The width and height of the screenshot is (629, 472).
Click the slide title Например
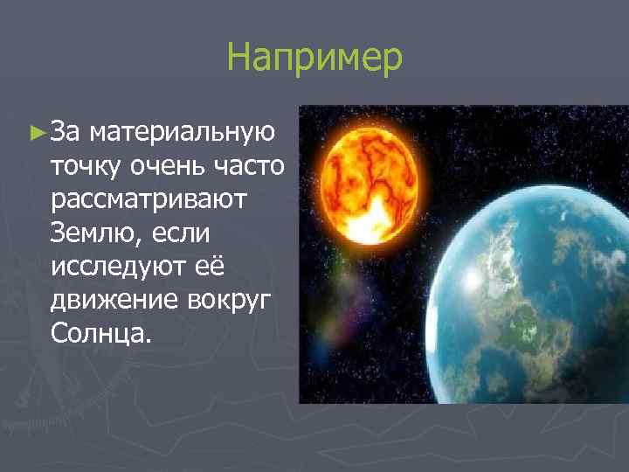[314, 58]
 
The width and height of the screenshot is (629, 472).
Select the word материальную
[183, 133]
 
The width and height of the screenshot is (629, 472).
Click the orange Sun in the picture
[373, 179]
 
